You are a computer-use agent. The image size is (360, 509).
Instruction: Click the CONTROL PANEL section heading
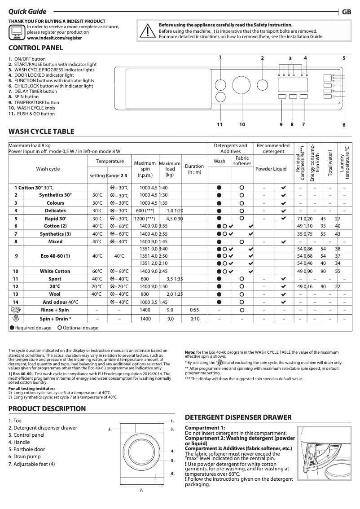click(36, 48)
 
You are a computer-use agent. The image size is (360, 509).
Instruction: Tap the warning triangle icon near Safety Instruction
click(147, 31)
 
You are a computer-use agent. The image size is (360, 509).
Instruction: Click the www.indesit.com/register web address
click(54, 39)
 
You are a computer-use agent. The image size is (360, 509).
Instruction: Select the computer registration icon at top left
click(17, 33)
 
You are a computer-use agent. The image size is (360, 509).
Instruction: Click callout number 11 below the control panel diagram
click(220, 124)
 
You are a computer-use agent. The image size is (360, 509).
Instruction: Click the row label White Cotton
click(55, 271)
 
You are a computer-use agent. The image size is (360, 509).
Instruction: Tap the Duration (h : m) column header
click(194, 169)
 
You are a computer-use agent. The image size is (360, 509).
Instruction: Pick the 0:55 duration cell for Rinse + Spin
click(194, 310)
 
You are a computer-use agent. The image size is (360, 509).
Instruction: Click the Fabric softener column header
click(242, 161)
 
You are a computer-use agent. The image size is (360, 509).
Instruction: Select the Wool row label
click(55, 294)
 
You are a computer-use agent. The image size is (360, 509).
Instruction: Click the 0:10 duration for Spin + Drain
click(194, 318)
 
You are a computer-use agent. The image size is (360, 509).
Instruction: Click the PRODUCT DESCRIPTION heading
click(47, 408)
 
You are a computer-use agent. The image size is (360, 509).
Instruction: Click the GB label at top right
click(346, 12)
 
